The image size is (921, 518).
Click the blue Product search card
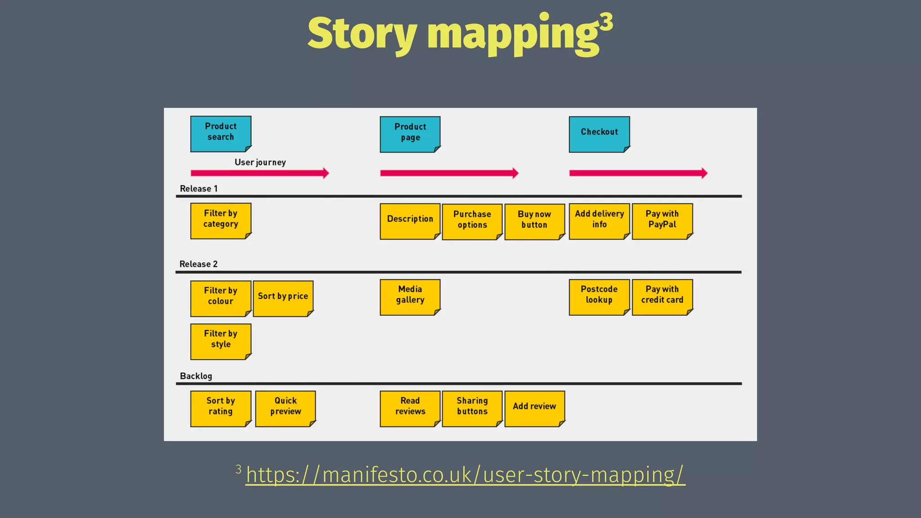[x=220, y=134]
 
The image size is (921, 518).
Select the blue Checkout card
[x=599, y=134]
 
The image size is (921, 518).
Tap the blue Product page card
[x=410, y=134]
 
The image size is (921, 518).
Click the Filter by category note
[x=220, y=220]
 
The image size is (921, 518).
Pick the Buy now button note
[x=534, y=221]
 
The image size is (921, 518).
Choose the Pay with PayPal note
[x=662, y=221]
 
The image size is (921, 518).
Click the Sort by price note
[x=283, y=298]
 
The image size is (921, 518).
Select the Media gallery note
[x=410, y=297]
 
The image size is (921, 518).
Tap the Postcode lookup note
[x=599, y=297]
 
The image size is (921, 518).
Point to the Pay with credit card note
[x=662, y=297]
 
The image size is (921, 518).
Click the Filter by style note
[x=220, y=341]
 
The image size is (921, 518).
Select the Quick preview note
[x=285, y=408]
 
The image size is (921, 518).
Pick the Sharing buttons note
[x=472, y=408]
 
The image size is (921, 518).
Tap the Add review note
[x=534, y=408]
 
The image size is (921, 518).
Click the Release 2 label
[x=198, y=264]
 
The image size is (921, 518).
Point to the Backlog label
[x=196, y=376]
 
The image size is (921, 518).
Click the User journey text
[x=260, y=162]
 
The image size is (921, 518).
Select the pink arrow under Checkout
[x=638, y=173]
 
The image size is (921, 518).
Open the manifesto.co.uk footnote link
[x=465, y=475]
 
